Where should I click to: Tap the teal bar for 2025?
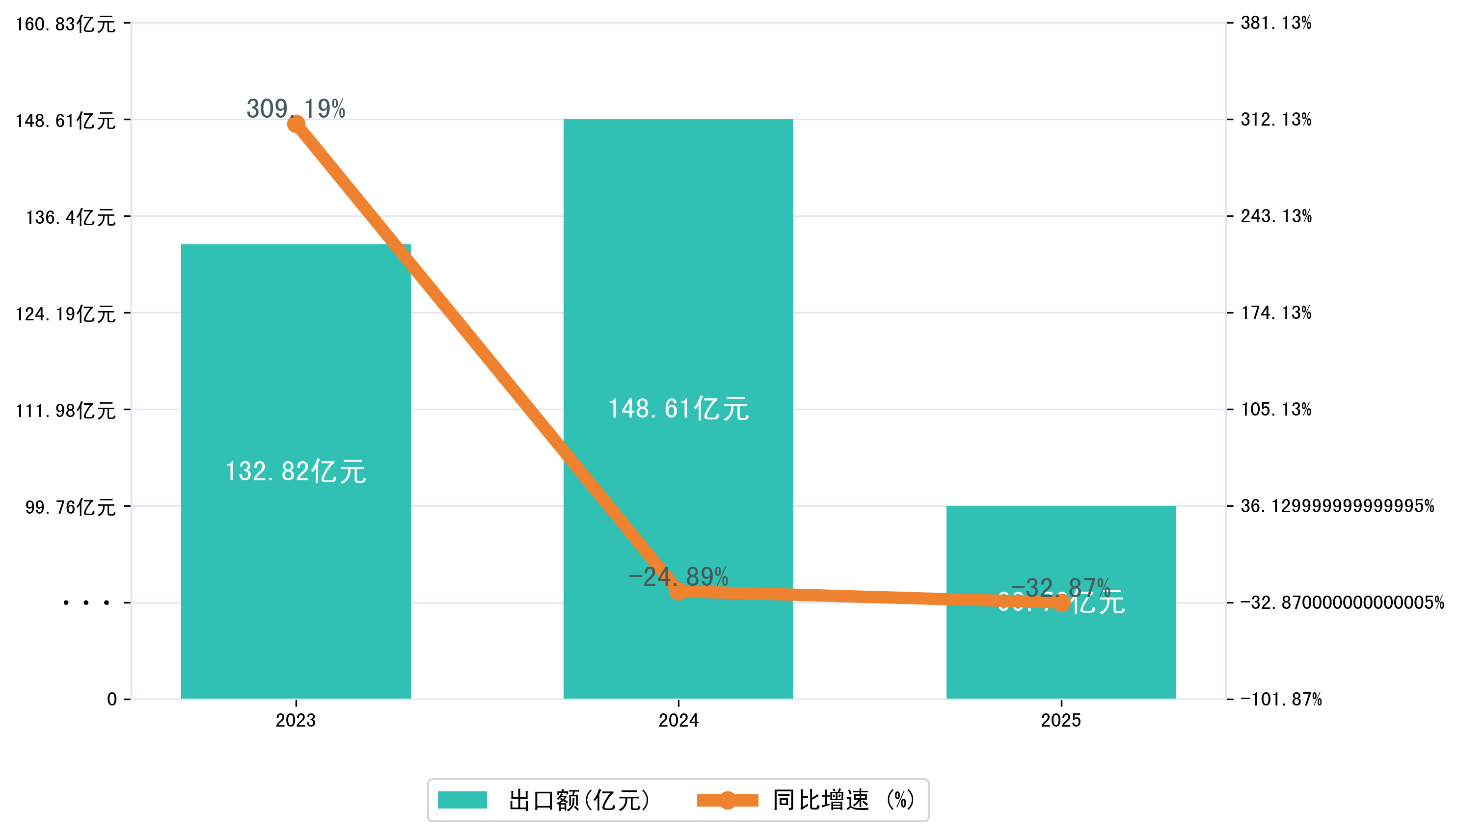(1060, 654)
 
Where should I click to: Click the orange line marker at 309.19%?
(296, 124)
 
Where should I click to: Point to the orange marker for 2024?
(678, 591)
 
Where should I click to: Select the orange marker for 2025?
(1061, 603)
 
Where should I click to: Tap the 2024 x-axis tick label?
(678, 720)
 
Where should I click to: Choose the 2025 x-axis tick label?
(1060, 720)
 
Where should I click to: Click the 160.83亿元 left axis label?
(65, 24)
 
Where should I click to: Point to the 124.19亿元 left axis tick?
(65, 314)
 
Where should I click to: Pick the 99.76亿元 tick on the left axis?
(70, 507)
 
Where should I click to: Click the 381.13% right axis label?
(1275, 23)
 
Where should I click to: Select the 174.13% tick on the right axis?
(1275, 313)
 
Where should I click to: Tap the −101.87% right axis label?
(1280, 699)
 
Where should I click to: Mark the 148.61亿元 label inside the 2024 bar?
(678, 409)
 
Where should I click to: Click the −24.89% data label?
(678, 576)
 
